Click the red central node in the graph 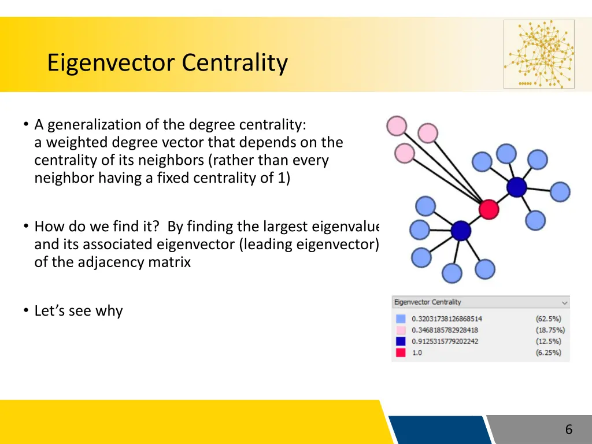(x=489, y=209)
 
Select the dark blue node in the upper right (x=516, y=187)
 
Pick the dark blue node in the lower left (x=461, y=231)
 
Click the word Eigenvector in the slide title (x=111, y=62)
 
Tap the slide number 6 (x=568, y=429)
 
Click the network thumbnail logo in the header (x=539, y=54)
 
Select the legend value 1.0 (x=417, y=353)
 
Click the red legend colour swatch (x=400, y=353)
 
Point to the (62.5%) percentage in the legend (x=548, y=319)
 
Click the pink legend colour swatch (x=400, y=330)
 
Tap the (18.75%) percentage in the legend (x=550, y=330)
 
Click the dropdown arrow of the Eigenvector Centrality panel (x=564, y=302)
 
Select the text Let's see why (x=79, y=311)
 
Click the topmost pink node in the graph (x=397, y=125)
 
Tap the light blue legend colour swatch (x=400, y=319)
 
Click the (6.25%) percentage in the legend (x=548, y=353)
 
